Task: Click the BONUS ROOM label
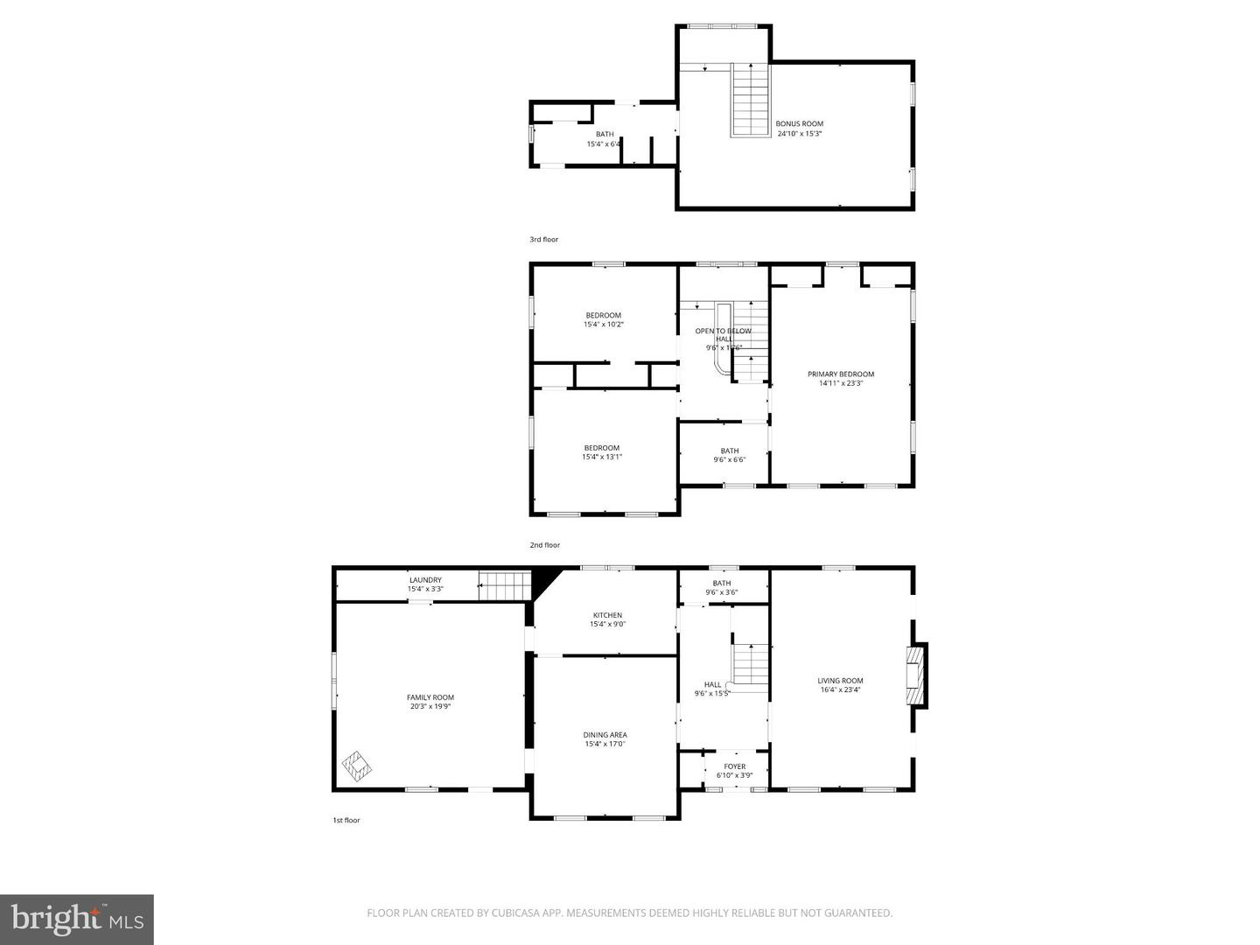pos(799,124)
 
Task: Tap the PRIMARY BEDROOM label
pos(840,374)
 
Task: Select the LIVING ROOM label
pos(840,681)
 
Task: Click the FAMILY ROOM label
pos(430,697)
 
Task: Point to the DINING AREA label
pos(605,735)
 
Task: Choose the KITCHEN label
pos(607,615)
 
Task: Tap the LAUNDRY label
pos(425,580)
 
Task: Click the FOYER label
pos(734,766)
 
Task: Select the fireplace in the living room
pos(915,675)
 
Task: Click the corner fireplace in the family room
pos(357,766)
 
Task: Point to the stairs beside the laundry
pos(505,585)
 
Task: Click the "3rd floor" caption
pos(543,240)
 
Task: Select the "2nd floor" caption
pos(544,545)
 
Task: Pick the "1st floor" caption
pos(346,820)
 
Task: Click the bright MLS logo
pos(76,919)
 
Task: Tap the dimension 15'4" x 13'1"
pos(602,457)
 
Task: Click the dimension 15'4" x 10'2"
pos(603,325)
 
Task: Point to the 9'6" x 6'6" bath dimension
pos(729,459)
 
